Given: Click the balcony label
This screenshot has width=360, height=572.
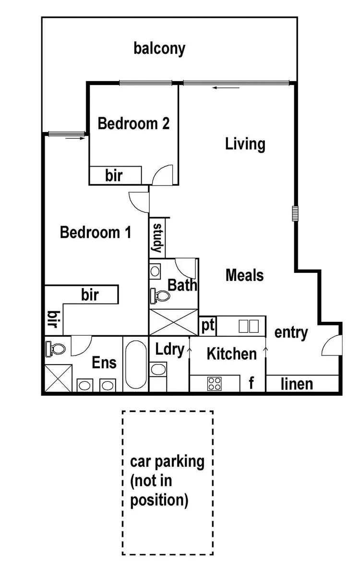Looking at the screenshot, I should click(x=159, y=49).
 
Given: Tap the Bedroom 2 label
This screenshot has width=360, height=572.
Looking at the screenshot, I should click(x=133, y=123).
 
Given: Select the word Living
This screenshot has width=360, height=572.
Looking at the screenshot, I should click(x=245, y=144).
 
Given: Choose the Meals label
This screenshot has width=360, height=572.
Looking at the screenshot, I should click(x=245, y=275).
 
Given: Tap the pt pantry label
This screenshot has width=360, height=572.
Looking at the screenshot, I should click(x=207, y=325).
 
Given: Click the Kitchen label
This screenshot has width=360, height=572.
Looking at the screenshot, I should click(x=231, y=354).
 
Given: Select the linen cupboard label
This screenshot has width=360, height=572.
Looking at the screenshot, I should click(x=297, y=384).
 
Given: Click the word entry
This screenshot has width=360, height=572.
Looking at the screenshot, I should click(x=291, y=332).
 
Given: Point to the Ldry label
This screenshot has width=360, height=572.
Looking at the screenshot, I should click(x=170, y=350).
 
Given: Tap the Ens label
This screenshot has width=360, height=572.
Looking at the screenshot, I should click(x=104, y=362).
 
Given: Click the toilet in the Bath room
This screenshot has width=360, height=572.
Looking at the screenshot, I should click(x=159, y=296).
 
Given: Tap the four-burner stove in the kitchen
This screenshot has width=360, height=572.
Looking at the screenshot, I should click(x=214, y=384).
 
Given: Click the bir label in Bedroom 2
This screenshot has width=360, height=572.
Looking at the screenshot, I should click(x=114, y=176).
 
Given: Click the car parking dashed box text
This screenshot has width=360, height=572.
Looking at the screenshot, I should click(x=167, y=481).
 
